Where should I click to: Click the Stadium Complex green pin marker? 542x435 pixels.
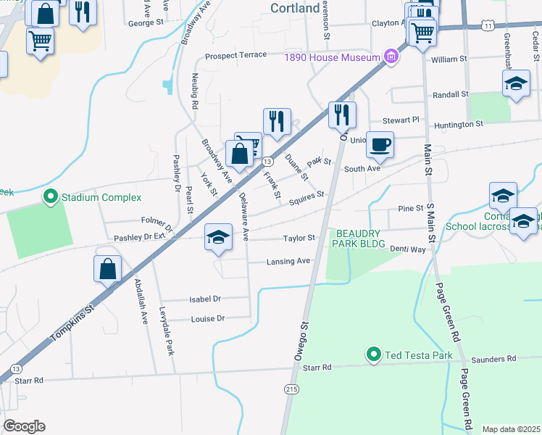[x=51, y=196]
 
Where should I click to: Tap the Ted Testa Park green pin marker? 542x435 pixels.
[x=374, y=355]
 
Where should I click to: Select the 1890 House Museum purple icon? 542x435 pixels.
[x=391, y=57]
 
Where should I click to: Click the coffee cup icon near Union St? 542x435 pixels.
[x=380, y=145]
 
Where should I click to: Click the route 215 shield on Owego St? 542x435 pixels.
[x=291, y=389]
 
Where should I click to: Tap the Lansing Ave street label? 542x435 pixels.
[x=288, y=261]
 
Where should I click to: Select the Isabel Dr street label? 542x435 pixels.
[x=205, y=298]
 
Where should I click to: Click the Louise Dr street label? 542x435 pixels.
[x=208, y=318]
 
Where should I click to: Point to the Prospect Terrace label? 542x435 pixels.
[x=235, y=55]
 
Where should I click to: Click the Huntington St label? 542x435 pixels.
[x=458, y=125]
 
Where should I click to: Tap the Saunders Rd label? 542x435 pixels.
[x=493, y=358]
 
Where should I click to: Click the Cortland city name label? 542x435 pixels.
[x=295, y=8]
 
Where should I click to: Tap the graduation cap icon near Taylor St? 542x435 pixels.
[x=219, y=237]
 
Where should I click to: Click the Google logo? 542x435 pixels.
[x=23, y=426]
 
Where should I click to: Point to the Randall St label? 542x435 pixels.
[x=451, y=94]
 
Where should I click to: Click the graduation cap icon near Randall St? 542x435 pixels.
[x=516, y=83]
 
